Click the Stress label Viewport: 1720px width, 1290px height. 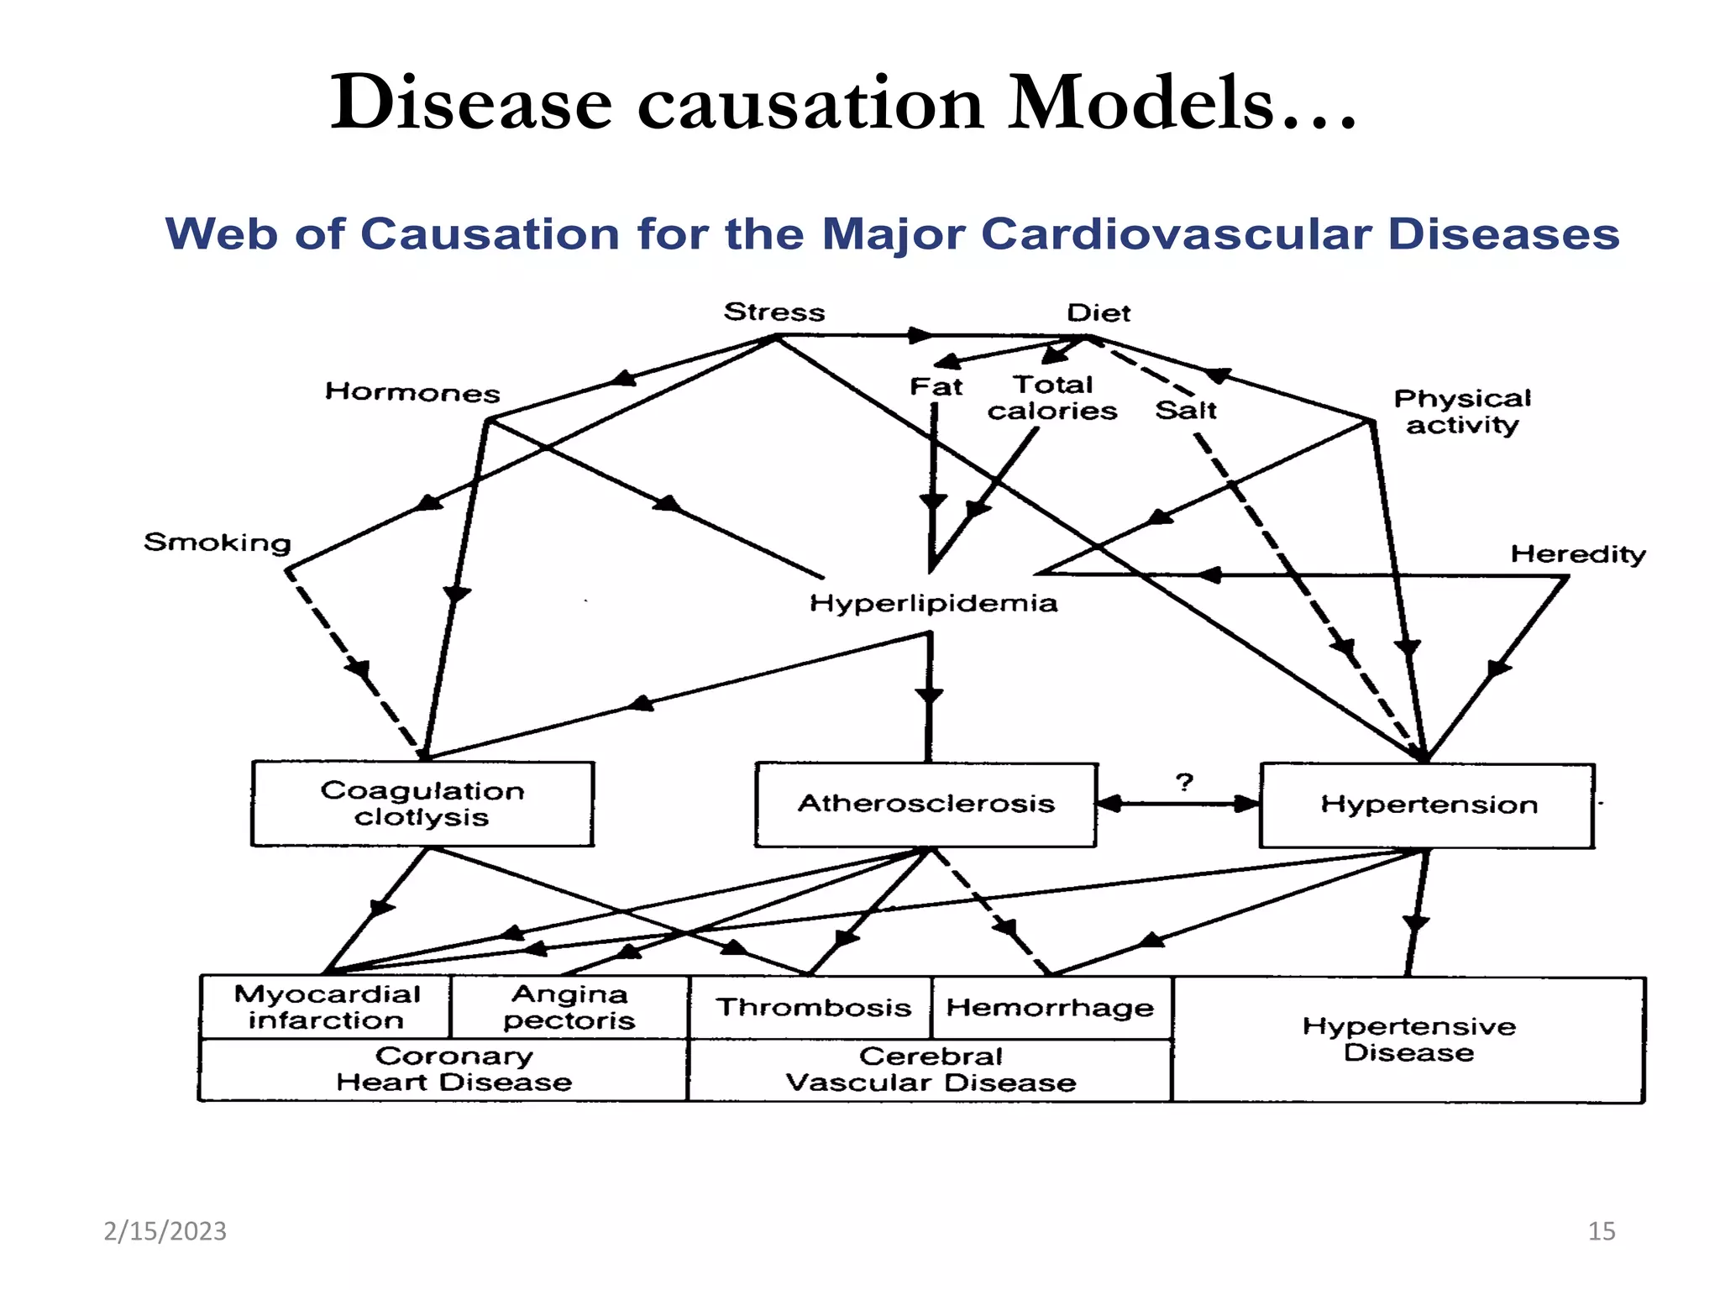click(774, 312)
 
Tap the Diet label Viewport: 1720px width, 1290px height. click(1099, 313)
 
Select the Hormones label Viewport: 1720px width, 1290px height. click(412, 392)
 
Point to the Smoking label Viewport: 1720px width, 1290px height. click(218, 543)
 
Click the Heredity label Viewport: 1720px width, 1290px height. click(1578, 554)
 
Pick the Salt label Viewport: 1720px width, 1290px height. click(1186, 411)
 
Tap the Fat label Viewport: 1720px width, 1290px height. click(936, 387)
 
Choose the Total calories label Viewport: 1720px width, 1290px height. click(1052, 398)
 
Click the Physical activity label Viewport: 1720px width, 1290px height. click(1462, 412)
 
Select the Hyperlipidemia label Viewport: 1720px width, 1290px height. click(933, 603)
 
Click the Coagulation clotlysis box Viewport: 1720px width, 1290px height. click(422, 804)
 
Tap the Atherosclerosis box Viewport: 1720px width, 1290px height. click(926, 804)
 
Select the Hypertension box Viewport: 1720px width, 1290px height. click(1428, 805)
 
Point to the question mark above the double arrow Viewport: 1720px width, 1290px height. click(1184, 783)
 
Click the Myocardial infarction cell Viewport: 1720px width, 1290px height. click(327, 1007)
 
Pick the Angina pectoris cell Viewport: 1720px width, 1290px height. click(569, 1007)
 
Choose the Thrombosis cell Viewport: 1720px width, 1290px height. click(813, 1007)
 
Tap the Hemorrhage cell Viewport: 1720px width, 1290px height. click(1050, 1007)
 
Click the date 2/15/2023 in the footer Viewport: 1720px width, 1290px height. click(165, 1231)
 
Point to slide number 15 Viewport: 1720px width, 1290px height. click(1601, 1231)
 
